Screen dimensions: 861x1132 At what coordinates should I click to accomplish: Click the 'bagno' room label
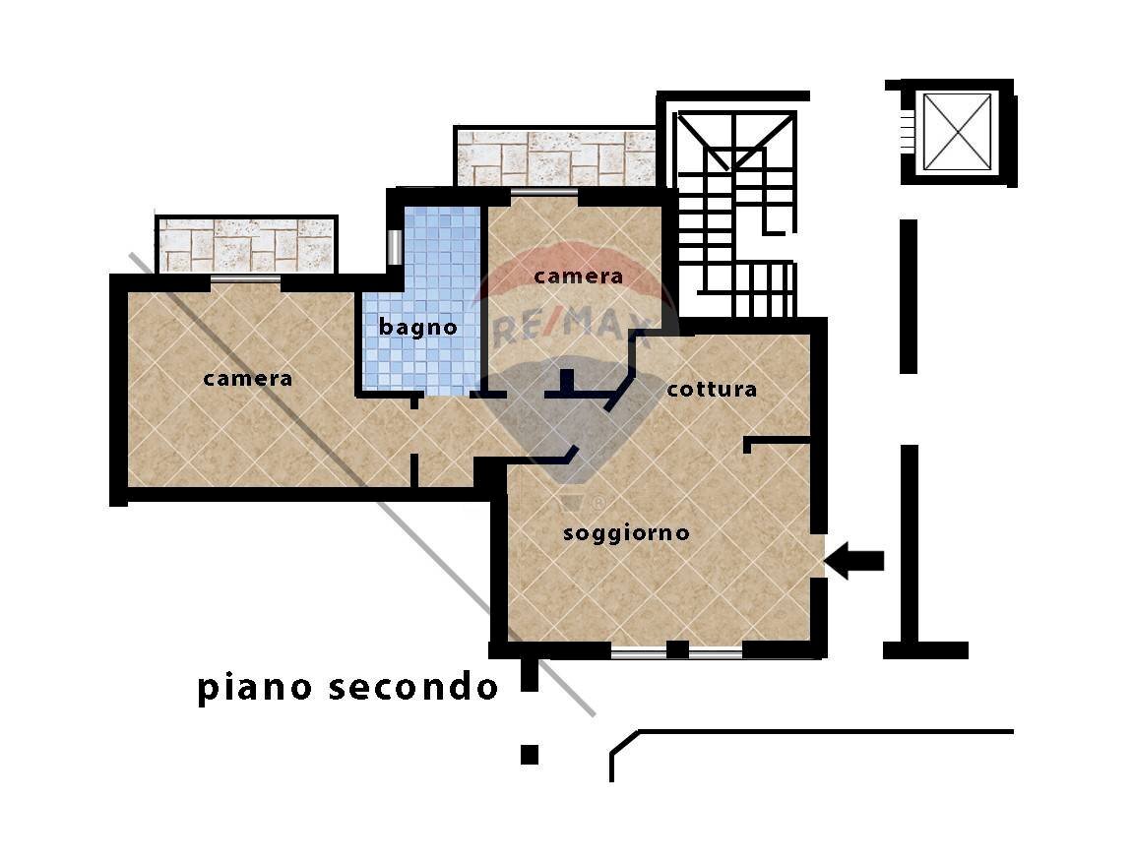pyautogui.click(x=418, y=327)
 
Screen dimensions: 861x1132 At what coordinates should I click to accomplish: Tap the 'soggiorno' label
pyautogui.click(x=626, y=533)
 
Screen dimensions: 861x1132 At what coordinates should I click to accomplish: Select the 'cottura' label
pyautogui.click(x=712, y=389)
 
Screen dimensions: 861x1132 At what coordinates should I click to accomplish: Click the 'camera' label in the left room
pyautogui.click(x=248, y=378)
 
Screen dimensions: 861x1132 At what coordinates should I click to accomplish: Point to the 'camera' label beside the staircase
pyautogui.click(x=579, y=277)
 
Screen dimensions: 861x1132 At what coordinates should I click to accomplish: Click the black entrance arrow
pyautogui.click(x=853, y=561)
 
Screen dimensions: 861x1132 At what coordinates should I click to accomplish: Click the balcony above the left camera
pyautogui.click(x=246, y=244)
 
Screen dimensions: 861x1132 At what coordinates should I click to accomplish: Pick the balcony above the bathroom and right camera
pyautogui.click(x=554, y=156)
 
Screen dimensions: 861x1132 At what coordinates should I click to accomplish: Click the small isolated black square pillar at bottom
pyautogui.click(x=530, y=755)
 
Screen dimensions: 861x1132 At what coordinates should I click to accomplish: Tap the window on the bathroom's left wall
pyautogui.click(x=394, y=247)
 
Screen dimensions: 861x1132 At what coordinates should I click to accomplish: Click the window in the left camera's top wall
pyautogui.click(x=245, y=281)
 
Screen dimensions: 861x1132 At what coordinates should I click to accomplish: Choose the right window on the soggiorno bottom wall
pyautogui.click(x=715, y=650)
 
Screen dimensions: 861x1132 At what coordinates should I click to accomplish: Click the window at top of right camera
pyautogui.click(x=544, y=192)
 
